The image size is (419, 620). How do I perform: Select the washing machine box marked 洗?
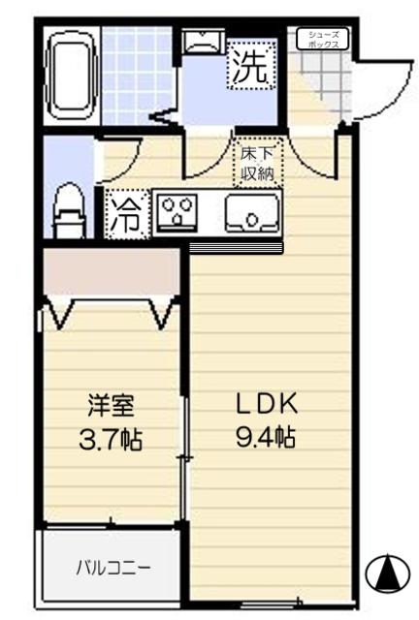click(x=252, y=67)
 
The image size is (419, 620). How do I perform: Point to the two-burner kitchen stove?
click(x=177, y=212)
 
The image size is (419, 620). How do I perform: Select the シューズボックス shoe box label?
click(x=322, y=39)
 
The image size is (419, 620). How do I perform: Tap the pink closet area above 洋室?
click(x=113, y=274)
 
